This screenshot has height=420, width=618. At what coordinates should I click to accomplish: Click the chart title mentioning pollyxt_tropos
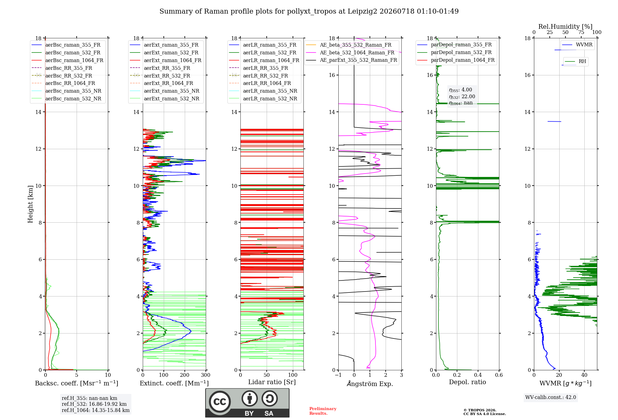click(x=309, y=11)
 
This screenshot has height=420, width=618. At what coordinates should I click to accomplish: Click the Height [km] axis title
click(x=30, y=204)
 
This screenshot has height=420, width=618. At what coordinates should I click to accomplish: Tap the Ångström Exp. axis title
click(x=370, y=384)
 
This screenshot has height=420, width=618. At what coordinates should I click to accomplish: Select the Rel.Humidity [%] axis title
click(x=565, y=27)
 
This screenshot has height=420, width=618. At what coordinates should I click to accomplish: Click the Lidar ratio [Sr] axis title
click(x=272, y=382)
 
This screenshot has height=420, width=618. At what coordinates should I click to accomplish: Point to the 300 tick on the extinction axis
click(x=206, y=375)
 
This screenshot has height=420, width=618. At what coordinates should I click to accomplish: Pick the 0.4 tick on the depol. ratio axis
click(x=478, y=375)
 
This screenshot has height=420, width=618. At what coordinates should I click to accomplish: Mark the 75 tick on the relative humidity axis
click(x=581, y=32)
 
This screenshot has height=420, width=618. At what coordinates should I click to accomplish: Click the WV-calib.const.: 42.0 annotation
click(x=551, y=397)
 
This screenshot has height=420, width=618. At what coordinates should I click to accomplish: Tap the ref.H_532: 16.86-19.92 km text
click(x=94, y=404)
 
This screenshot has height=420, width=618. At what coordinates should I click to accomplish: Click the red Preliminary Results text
click(x=323, y=411)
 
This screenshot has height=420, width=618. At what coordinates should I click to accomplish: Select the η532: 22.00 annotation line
click(x=462, y=96)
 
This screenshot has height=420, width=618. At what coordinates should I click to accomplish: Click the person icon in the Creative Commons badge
click(x=250, y=398)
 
